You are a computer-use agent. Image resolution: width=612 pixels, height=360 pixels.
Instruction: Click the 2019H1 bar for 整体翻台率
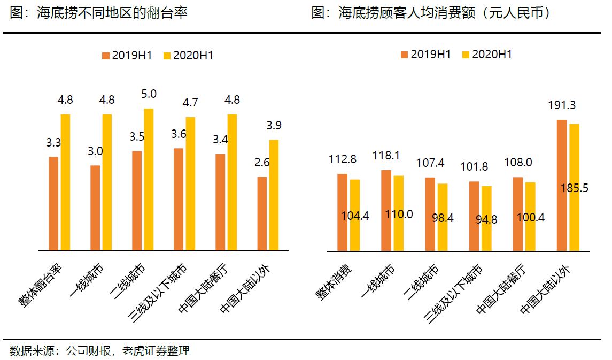(53, 203)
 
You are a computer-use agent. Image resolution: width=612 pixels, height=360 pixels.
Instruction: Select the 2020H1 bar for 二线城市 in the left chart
(149, 179)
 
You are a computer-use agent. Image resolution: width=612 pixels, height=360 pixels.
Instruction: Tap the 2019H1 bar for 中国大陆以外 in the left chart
(262, 213)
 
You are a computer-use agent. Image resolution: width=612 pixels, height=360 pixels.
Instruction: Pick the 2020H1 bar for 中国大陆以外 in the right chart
(575, 187)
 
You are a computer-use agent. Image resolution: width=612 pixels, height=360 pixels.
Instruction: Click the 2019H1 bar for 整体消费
(343, 212)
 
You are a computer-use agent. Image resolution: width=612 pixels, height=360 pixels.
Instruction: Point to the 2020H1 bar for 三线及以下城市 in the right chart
(486, 218)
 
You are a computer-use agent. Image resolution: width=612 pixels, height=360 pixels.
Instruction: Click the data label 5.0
(149, 94)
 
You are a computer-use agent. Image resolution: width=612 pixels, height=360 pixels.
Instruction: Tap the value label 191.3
(562, 105)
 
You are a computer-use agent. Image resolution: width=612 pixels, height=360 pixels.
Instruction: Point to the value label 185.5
(575, 188)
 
